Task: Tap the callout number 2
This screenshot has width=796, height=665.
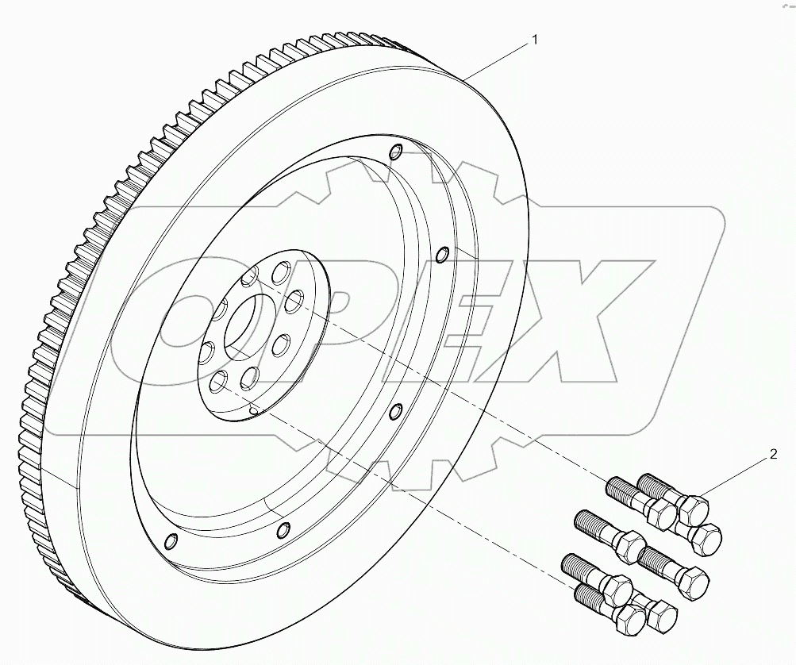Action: [x=773, y=455]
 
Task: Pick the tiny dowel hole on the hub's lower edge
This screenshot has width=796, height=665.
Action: [x=253, y=410]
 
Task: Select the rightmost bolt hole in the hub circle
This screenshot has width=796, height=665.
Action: [x=294, y=299]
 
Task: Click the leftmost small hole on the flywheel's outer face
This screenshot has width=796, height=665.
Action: [x=168, y=542]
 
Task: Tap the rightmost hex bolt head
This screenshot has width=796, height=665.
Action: [x=704, y=539]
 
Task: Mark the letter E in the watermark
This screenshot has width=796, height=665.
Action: [x=444, y=317]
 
